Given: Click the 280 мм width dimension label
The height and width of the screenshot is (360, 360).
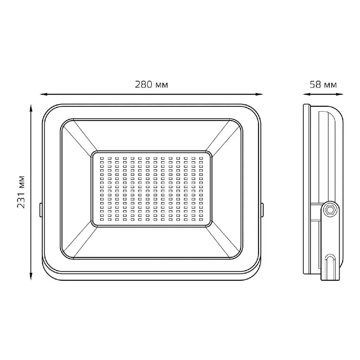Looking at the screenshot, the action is point(151,85).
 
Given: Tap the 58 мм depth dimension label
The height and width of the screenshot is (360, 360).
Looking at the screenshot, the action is point(323,85).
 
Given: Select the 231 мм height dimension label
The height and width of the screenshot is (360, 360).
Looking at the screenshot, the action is point(21,192).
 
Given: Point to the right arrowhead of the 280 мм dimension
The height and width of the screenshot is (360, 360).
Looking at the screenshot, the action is point(259,94).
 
